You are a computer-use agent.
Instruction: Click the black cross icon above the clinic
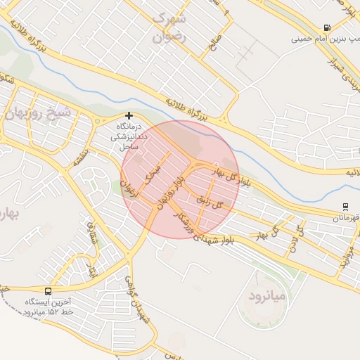coord(129,115)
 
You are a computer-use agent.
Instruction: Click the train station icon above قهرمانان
coord(345,207)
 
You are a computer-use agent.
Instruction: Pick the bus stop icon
coord(48,290)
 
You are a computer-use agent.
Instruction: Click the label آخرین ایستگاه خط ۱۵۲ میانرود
coord(48,306)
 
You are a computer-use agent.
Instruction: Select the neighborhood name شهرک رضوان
coord(171,28)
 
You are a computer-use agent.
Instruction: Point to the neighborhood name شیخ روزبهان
coord(40,112)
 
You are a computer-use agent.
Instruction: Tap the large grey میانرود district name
coord(268,296)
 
